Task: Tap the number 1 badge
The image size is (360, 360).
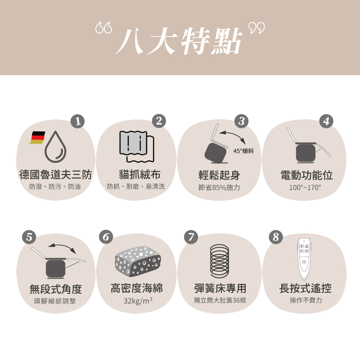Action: [x=78, y=121]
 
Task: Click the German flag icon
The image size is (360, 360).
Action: [x=38, y=138]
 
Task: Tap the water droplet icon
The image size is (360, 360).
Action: [x=56, y=147]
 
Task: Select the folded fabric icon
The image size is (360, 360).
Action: [x=136, y=145]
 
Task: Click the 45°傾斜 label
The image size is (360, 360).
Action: [x=243, y=151]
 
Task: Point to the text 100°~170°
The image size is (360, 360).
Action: [x=305, y=187]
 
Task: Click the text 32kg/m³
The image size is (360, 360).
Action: [x=138, y=300]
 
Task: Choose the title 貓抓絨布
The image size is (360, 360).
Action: [x=136, y=175]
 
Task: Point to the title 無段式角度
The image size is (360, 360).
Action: [x=55, y=288]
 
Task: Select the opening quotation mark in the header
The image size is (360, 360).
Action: [x=103, y=29]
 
